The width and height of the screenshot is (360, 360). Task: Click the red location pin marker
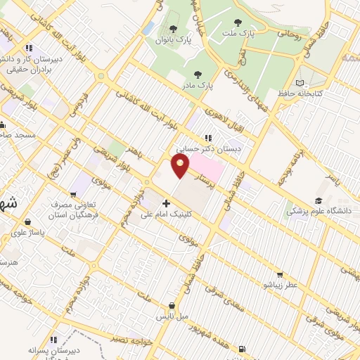click(181, 166)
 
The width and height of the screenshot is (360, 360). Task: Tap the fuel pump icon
click(242, 348)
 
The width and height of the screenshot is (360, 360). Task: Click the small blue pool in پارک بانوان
click(148, 28)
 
